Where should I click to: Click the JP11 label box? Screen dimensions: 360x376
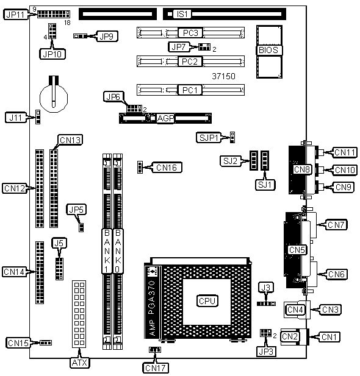point(16,15)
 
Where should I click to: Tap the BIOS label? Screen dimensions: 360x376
point(268,50)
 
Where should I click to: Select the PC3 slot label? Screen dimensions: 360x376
point(190,33)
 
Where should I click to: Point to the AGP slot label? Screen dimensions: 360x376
point(165,118)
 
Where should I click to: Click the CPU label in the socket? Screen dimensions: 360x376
point(207,301)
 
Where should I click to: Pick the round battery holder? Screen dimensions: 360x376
point(53,98)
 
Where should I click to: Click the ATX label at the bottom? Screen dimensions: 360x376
point(80,363)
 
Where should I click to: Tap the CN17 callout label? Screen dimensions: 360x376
point(156,368)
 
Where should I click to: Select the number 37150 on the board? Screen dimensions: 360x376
point(223,76)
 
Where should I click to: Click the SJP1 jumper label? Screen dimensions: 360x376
point(209,138)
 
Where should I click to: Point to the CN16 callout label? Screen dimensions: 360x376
point(167,168)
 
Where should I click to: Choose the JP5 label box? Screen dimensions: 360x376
point(76,210)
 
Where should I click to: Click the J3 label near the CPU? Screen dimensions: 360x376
point(266,287)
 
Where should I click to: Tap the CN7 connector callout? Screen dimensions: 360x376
point(336,225)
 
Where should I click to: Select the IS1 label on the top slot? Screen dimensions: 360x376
point(182,14)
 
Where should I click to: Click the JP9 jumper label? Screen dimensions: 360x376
point(107,36)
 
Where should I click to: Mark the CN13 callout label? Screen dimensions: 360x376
point(70,140)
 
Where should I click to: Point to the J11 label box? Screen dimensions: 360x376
point(16,118)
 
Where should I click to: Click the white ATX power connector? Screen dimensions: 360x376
point(79,314)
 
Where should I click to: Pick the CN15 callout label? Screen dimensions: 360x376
point(18,343)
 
